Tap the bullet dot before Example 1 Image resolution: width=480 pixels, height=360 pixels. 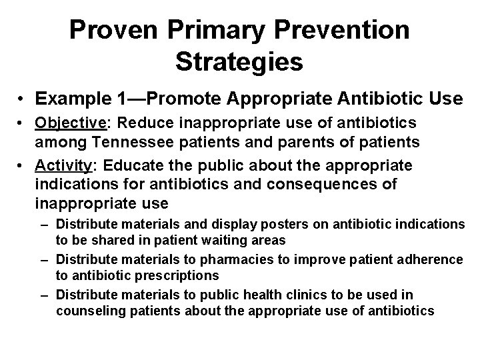pos(23,100)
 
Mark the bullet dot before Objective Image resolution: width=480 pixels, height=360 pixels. pos(23,125)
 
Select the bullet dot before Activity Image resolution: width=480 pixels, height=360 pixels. pos(23,165)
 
